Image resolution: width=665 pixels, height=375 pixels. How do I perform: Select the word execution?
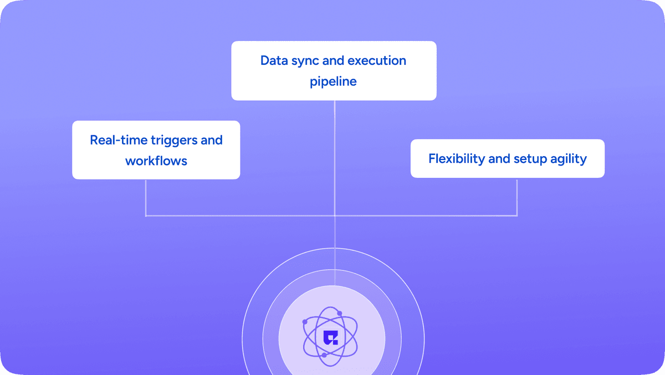tap(381, 60)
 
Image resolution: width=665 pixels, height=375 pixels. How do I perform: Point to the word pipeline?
tap(333, 81)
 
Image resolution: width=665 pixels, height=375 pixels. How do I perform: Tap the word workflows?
tap(156, 161)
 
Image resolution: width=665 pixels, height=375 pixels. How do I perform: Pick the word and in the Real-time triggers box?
tap(212, 140)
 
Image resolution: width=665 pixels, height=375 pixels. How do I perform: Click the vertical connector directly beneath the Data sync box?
tap(335, 155)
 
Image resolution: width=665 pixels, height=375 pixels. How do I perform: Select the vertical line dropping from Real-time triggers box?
tap(145, 197)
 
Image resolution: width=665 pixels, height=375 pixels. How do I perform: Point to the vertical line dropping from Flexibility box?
tap(517, 197)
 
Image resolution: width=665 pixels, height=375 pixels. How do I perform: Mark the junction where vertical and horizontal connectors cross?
tap(335, 215)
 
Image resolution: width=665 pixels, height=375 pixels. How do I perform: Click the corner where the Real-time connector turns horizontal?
tap(145, 215)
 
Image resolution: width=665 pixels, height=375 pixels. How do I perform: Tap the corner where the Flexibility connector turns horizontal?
tap(517, 215)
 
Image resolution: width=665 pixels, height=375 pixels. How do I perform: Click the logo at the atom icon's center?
tap(331, 336)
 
